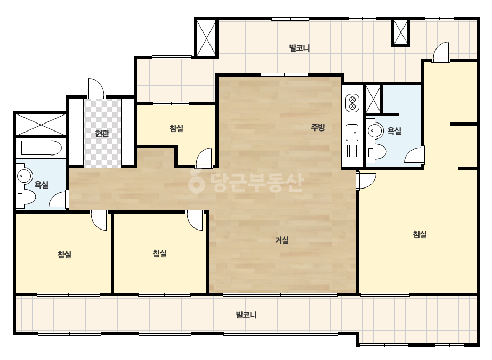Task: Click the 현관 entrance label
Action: (x=102, y=134)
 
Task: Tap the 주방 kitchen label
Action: (x=318, y=127)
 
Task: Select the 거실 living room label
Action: (x=282, y=240)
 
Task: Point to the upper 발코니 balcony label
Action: (x=300, y=48)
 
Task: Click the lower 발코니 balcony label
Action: (x=246, y=315)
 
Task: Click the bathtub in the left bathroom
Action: (x=41, y=148)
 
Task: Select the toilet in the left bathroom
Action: (x=26, y=197)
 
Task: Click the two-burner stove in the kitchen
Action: (x=352, y=103)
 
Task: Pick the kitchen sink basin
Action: (x=352, y=133)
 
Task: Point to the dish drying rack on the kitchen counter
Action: (x=352, y=151)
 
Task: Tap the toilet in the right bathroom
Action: (x=376, y=152)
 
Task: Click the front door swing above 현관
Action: (x=96, y=88)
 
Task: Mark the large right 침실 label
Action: (x=420, y=234)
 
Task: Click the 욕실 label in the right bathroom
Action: (x=394, y=130)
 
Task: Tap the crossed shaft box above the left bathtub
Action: (x=41, y=124)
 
